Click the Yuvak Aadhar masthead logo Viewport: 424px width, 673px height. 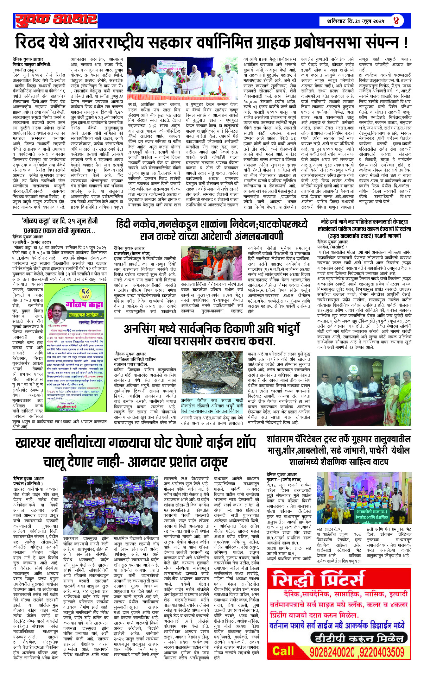coord(56,20)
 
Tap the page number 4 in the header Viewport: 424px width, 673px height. coord(396,21)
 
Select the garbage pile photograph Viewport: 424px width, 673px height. coord(212,374)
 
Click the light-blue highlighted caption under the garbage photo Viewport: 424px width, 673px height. coord(212,405)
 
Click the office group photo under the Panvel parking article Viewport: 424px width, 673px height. coord(364,391)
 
